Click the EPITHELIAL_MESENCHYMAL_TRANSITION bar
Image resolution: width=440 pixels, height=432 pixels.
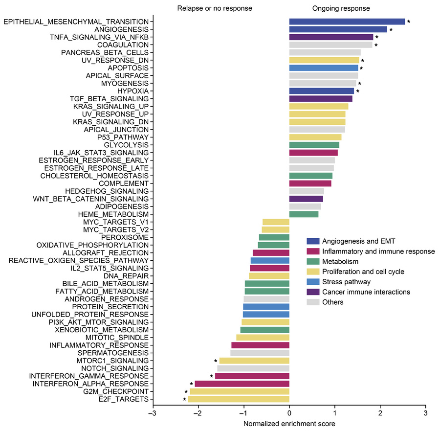coord(347,22)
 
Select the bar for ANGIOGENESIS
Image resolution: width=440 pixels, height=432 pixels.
coord(338,29)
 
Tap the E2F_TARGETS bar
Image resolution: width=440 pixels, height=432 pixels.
coord(239,399)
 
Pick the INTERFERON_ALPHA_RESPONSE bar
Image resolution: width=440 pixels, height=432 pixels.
coord(242,384)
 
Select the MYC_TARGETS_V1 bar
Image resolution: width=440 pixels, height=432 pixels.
coord(276,222)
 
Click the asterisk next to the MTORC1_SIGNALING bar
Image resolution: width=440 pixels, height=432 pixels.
coord(215,361)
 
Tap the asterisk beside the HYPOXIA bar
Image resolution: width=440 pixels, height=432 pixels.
coord(358,91)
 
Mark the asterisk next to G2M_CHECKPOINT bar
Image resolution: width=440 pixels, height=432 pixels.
coord(186,392)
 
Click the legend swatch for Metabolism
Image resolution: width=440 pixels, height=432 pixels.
coord(313,262)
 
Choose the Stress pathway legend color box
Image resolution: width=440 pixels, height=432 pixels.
coord(313,282)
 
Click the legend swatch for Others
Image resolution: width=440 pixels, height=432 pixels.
coord(313,302)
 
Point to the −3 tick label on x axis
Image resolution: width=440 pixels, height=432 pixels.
coord(153,413)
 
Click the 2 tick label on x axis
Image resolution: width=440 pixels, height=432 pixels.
coord(380,413)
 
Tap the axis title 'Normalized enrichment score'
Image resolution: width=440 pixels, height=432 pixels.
coord(289,423)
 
